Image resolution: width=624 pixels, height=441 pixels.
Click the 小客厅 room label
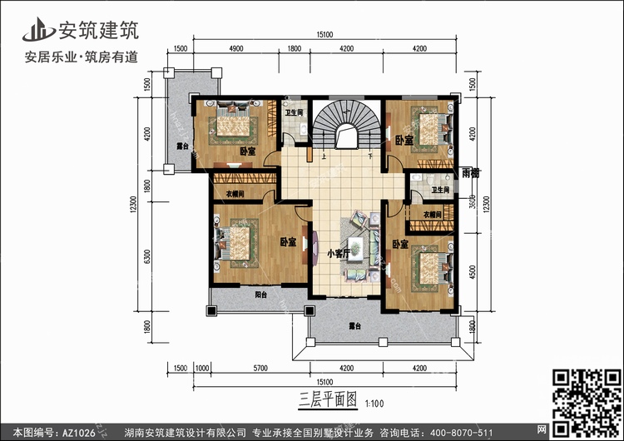click(x=337, y=254)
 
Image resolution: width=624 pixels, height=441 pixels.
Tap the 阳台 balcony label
click(x=260, y=295)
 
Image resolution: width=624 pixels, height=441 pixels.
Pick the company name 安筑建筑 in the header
click(x=97, y=31)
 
